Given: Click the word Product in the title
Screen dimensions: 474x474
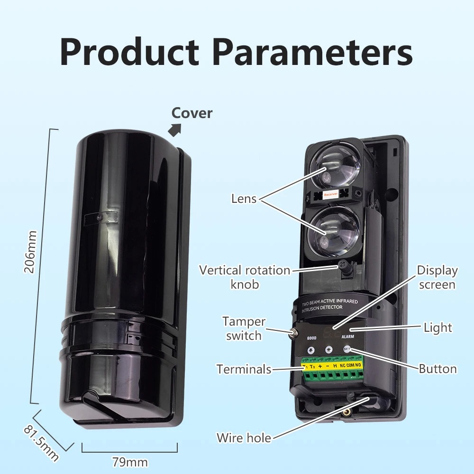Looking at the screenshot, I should [129, 53].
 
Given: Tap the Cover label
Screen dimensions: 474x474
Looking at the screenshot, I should [192, 113].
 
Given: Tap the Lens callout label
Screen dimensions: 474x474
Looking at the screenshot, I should [244, 198].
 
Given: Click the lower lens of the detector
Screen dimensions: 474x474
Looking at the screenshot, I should [334, 229].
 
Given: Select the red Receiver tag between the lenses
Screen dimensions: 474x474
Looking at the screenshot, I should [330, 194].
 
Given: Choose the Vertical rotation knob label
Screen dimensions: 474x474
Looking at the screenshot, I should [245, 277].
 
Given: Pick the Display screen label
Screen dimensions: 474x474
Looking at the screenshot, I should [437, 277].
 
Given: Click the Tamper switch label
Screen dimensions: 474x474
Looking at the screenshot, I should [244, 328].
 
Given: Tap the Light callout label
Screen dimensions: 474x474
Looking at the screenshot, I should [438, 328].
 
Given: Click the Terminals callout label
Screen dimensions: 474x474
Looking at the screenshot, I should [244, 369].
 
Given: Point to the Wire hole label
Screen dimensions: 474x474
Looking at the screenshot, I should [244, 438].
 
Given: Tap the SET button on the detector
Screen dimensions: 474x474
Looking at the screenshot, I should [347, 350].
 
